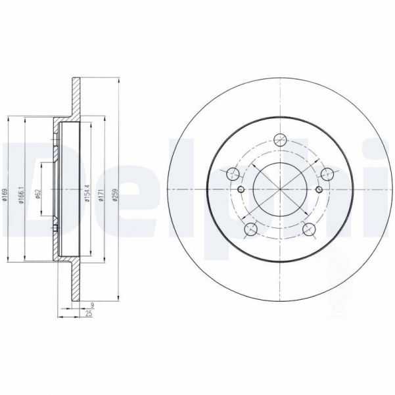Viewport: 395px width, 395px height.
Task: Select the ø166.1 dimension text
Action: pyautogui.click(x=22, y=196)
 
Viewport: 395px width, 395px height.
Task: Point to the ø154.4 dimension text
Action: pyautogui.click(x=86, y=195)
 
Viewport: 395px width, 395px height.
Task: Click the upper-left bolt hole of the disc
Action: pyautogui.click(x=233, y=175)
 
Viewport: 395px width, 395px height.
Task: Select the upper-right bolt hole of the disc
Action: pyautogui.click(x=327, y=175)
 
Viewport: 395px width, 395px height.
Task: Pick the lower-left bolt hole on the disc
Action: pyautogui.click(x=250, y=229)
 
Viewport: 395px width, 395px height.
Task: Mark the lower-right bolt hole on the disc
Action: pyautogui.click(x=310, y=229)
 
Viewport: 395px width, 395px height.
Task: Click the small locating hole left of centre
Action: pyautogui.click(x=241, y=190)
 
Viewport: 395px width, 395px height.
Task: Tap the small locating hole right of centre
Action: pyautogui.click(x=319, y=190)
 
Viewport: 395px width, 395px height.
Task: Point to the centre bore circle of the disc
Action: pyautogui.click(x=280, y=190)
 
